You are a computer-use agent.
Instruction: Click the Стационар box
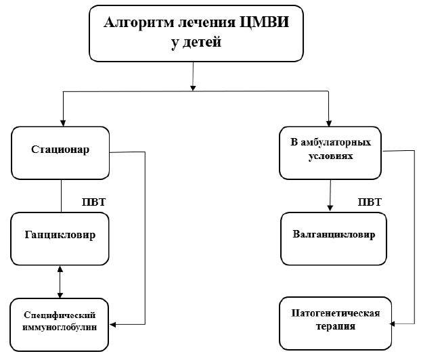click(x=60, y=151)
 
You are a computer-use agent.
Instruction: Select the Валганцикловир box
click(x=334, y=237)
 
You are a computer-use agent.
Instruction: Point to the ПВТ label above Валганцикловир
click(x=369, y=202)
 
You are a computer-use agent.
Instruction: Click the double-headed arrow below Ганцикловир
click(x=61, y=282)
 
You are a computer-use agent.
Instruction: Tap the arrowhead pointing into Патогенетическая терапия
click(x=393, y=323)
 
